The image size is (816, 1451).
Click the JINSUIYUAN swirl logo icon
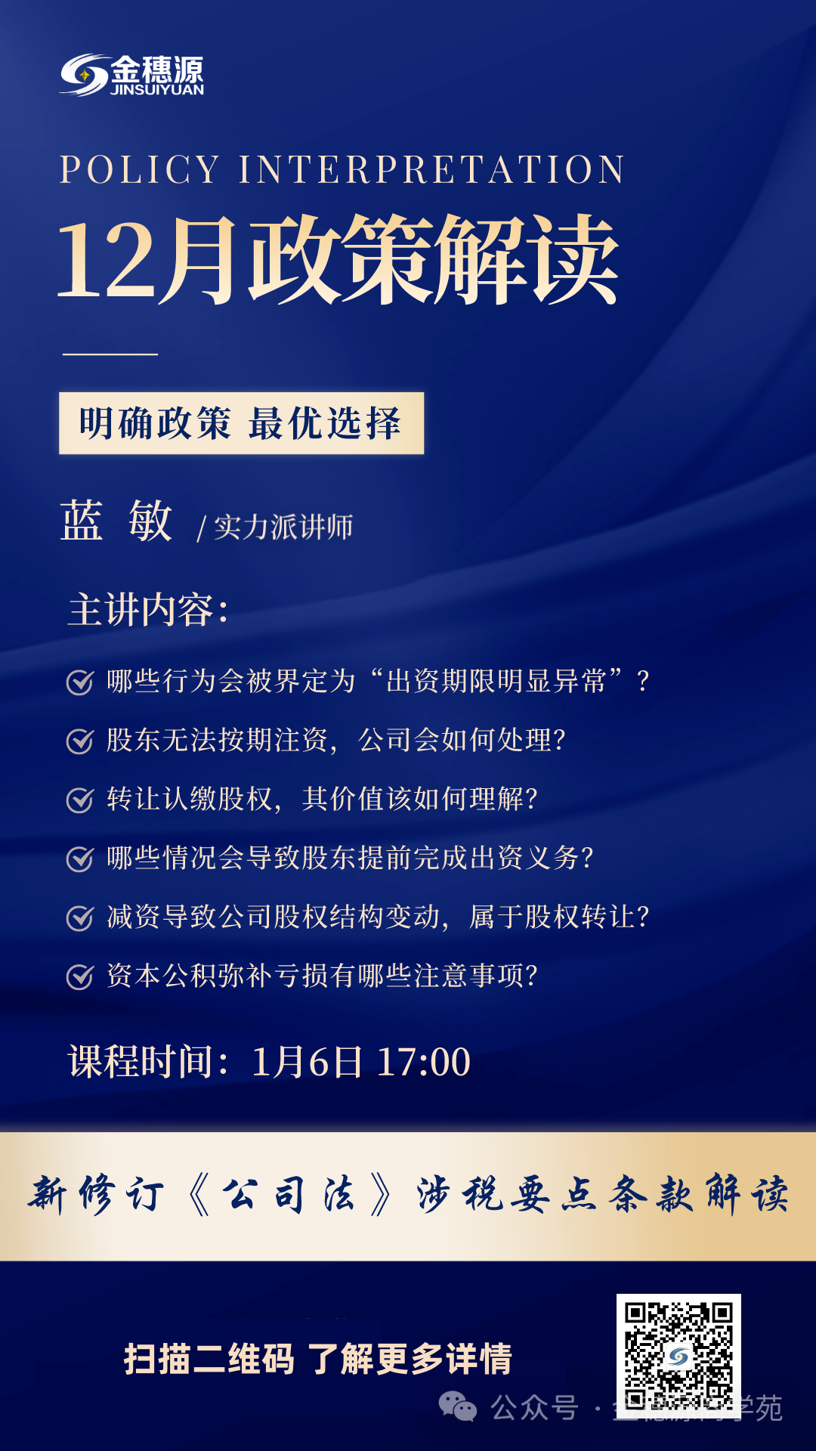point(84,75)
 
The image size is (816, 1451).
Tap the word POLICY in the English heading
point(140,169)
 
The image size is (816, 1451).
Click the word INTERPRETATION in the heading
point(431,169)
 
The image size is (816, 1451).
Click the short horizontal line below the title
point(110,354)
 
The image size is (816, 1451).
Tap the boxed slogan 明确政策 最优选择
point(241,423)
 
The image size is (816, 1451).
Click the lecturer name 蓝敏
point(116,521)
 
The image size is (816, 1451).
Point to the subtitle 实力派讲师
point(283,527)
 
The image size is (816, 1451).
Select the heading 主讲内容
point(147,610)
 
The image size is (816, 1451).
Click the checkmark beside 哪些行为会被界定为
point(80,682)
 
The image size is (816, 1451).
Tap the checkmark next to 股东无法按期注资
point(80,741)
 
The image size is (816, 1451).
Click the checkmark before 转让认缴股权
point(80,800)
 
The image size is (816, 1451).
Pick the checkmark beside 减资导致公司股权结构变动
point(80,917)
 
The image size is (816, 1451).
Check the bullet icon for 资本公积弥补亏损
point(80,976)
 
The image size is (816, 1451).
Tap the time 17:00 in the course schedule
point(423,1062)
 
